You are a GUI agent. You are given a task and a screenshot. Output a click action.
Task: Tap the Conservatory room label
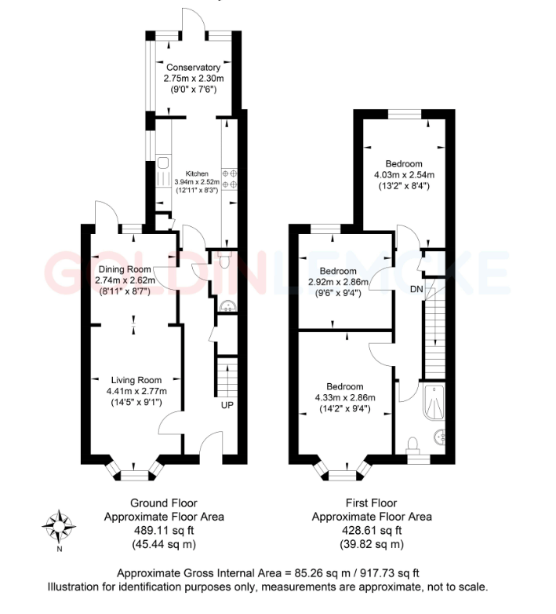[x=194, y=68]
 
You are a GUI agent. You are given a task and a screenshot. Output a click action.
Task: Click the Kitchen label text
[x=196, y=174]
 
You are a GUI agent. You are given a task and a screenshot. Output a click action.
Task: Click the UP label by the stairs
[x=227, y=405]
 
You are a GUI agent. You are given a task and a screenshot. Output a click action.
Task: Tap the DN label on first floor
[x=417, y=289]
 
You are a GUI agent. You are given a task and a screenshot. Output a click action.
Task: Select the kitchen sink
[x=163, y=164]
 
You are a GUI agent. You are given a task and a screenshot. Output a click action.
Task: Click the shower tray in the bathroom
[x=435, y=401]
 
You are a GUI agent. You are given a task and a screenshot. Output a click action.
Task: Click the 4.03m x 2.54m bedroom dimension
[x=404, y=174]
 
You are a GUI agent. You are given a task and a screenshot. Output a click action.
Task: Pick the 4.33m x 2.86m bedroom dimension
[x=345, y=398]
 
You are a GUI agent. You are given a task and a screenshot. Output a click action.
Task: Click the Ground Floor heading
[x=163, y=503]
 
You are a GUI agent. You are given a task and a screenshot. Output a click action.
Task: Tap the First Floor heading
[x=371, y=503]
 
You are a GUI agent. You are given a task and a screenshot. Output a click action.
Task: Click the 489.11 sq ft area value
[x=163, y=531]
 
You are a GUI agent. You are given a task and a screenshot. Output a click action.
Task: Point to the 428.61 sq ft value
[x=371, y=531]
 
